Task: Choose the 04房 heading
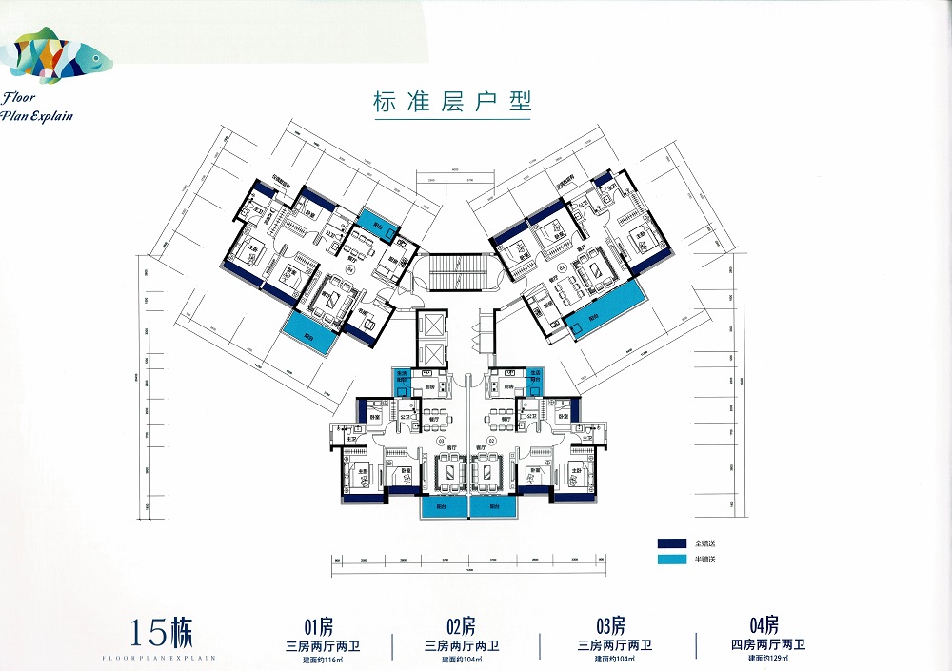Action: [x=764, y=625]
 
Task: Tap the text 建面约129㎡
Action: [x=764, y=658]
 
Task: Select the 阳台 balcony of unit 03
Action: [x=445, y=508]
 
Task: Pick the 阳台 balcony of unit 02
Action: [x=494, y=508]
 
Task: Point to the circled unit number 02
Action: [x=492, y=441]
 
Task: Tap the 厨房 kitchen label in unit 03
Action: [x=429, y=387]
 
